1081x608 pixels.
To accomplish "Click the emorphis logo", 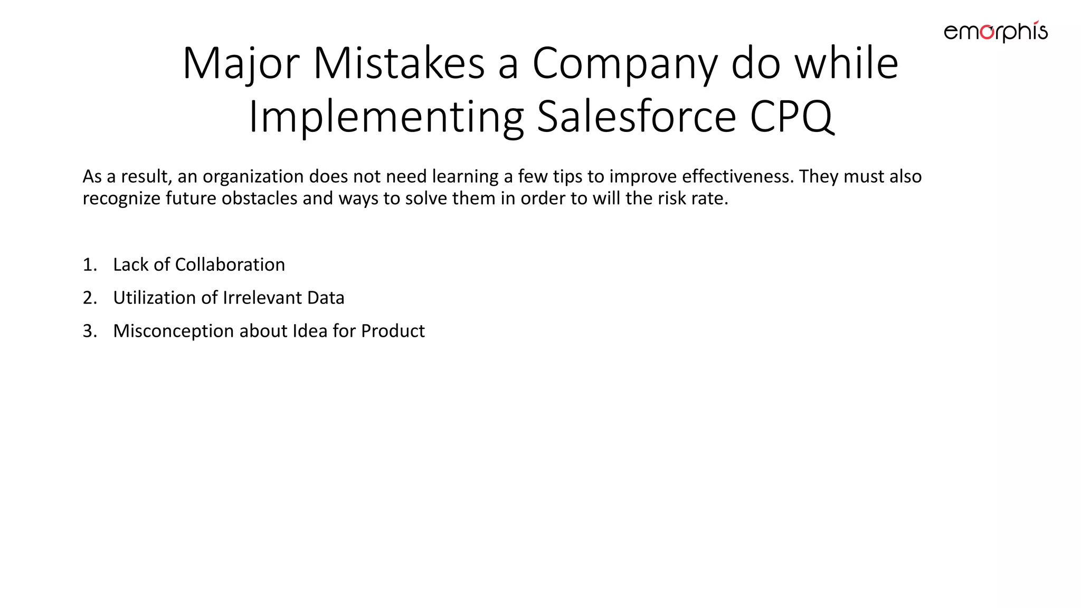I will [995, 32].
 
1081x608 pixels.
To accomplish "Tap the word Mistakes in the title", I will [399, 63].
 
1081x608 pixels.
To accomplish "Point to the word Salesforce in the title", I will [636, 117].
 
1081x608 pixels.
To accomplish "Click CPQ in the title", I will [792, 117].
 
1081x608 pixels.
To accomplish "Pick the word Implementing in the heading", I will [386, 117].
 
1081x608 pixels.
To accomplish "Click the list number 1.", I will [90, 265].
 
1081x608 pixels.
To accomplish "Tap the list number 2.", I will [90, 298].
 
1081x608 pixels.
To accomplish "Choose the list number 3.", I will [90, 331].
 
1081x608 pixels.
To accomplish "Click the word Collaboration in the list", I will [230, 265].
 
